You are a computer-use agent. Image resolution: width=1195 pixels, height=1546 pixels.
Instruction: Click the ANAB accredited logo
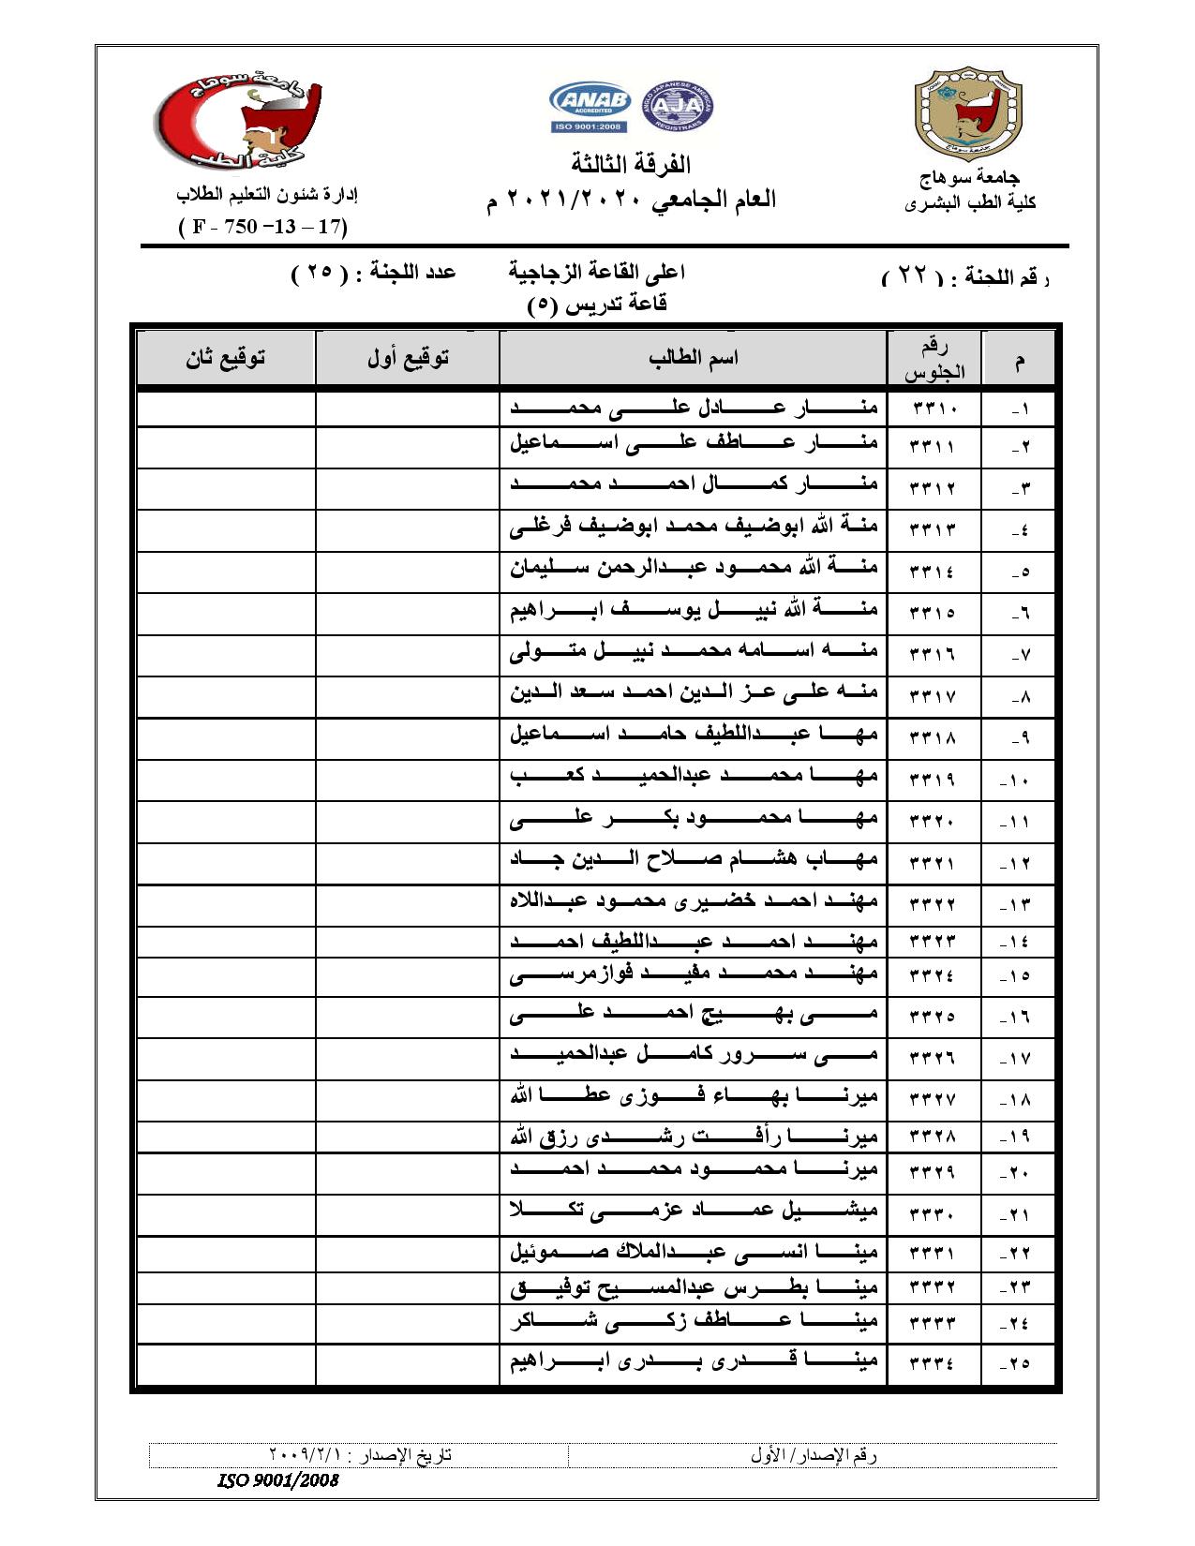[590, 104]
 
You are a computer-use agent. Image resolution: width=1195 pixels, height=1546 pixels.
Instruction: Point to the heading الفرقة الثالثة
[631, 165]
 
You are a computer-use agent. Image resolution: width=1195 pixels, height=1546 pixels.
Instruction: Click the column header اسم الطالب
[693, 358]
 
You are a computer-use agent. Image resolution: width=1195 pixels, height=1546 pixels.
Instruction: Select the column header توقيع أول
[408, 358]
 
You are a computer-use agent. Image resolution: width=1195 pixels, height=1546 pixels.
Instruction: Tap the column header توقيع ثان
[225, 358]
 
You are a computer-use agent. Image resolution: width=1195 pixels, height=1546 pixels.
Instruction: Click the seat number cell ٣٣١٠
[933, 409]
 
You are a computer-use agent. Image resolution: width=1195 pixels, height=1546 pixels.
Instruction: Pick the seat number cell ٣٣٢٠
[933, 822]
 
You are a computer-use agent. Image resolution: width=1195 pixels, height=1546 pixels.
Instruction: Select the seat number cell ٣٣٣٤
[933, 1363]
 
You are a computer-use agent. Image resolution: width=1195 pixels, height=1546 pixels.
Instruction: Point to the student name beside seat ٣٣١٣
[694, 528]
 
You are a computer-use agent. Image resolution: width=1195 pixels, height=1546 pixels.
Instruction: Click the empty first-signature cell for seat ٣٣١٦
[408, 653]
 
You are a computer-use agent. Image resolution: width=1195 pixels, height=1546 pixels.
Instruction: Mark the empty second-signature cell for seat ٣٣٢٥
[225, 1016]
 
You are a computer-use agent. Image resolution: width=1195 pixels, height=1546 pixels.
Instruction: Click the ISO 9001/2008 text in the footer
[277, 1481]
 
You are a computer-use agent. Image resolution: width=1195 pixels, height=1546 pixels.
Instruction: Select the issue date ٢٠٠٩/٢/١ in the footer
[308, 1455]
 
